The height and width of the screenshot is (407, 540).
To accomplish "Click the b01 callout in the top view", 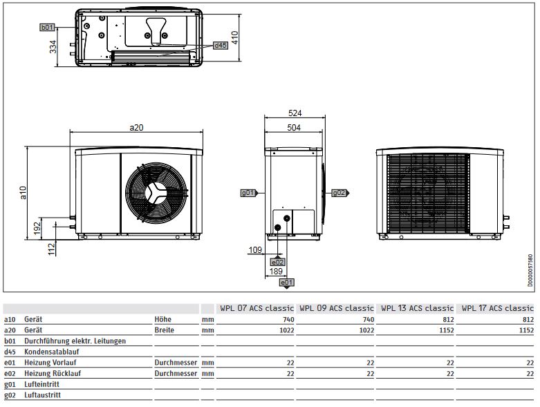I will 46,27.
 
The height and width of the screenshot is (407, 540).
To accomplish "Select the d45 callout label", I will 220,45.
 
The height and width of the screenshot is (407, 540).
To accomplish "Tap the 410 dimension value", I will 235,37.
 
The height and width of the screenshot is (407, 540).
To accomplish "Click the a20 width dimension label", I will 136,127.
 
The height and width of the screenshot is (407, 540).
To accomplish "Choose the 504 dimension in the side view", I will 295,127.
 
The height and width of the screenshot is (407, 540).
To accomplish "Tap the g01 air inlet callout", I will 249,192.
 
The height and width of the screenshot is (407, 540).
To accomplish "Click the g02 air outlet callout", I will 339,192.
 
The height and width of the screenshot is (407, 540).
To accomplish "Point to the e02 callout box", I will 277,262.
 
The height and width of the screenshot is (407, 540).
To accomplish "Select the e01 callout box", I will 286,283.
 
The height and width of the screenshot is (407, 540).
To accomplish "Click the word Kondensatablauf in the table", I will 53,352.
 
